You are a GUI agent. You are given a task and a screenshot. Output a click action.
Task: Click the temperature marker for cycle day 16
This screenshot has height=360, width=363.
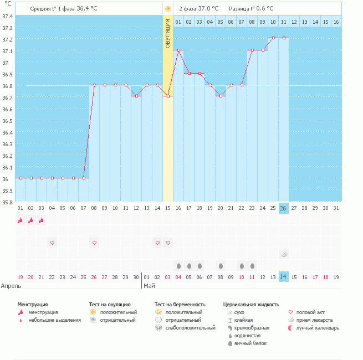click(x=178, y=50)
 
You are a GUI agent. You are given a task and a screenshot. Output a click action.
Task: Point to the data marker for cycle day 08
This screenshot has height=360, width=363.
click(x=94, y=85)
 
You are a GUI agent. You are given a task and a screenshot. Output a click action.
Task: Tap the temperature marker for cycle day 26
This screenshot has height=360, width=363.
click(x=283, y=38)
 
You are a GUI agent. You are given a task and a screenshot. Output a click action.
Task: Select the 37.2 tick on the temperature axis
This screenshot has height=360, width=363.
click(x=7, y=39)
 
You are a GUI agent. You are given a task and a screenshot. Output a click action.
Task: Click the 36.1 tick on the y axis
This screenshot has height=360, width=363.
click(x=7, y=167)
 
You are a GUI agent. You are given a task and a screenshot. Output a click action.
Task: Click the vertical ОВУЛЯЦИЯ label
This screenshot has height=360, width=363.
click(x=168, y=34)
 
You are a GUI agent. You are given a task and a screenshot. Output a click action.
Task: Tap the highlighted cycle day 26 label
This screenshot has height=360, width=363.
click(x=283, y=208)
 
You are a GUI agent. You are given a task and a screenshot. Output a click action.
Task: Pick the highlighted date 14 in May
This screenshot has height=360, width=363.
click(x=283, y=277)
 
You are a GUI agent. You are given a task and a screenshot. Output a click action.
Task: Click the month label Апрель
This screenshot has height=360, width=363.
click(x=12, y=286)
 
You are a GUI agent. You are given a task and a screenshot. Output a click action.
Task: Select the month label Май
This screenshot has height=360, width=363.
click(x=149, y=286)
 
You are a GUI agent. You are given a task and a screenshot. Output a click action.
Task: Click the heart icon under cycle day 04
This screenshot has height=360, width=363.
click(x=52, y=243)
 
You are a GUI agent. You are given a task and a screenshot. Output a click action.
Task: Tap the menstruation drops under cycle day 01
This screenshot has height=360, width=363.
click(x=21, y=220)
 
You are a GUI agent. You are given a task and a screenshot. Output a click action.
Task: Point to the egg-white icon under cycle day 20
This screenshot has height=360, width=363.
click(x=221, y=265)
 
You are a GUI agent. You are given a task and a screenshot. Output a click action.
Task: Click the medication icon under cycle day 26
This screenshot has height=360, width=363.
click(x=283, y=254)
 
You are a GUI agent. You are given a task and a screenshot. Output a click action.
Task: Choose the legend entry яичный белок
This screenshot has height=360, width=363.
click(x=250, y=343)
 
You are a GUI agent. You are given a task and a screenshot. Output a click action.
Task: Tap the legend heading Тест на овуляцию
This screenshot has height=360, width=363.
click(x=110, y=304)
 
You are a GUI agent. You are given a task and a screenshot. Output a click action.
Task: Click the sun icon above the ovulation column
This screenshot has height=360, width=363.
click(x=168, y=9)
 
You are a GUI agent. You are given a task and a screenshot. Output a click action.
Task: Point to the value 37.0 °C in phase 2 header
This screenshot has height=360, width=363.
click(x=208, y=9)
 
